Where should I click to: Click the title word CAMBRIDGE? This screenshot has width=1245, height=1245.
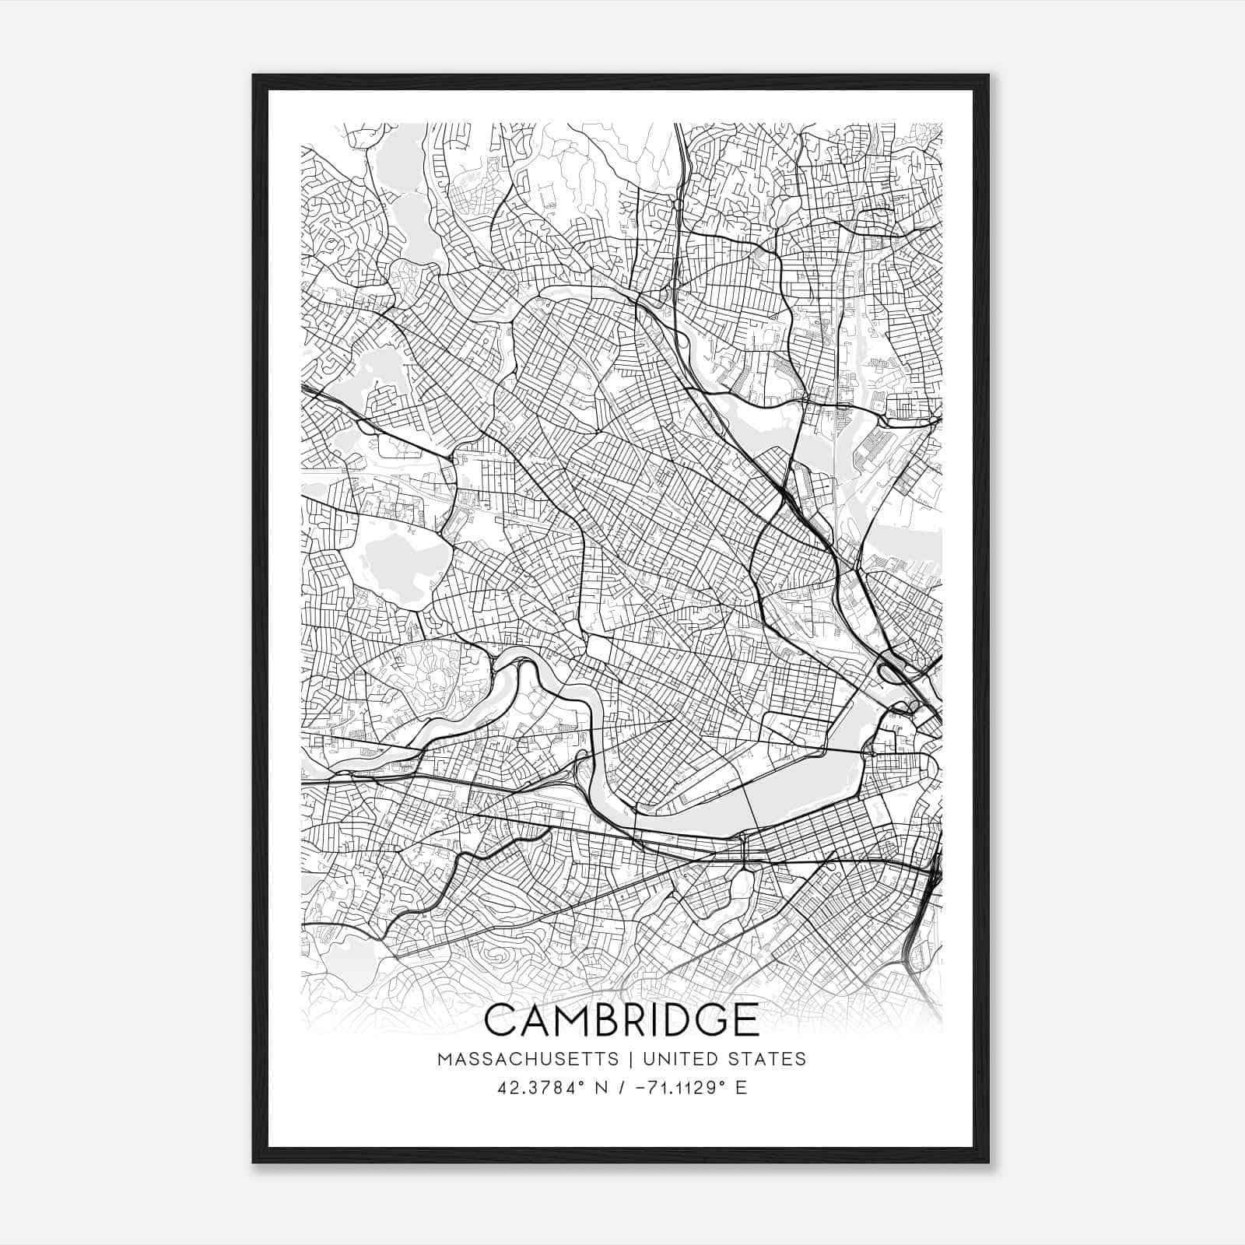(622, 1020)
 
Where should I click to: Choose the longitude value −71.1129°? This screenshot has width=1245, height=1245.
(674, 1088)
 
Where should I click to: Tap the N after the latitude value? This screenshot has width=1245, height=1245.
(600, 1088)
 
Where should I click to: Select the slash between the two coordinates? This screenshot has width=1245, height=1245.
(620, 1088)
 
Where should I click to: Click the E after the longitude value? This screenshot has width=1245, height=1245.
(740, 1088)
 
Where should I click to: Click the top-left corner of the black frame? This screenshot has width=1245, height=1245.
(254, 76)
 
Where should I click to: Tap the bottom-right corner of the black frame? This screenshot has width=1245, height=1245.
(988, 1162)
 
